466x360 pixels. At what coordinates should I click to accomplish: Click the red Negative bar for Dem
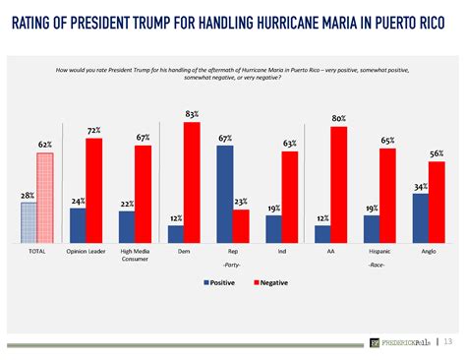(192, 182)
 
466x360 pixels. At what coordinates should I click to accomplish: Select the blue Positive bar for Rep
(225, 193)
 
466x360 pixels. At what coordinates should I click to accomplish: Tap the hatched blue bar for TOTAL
(29, 221)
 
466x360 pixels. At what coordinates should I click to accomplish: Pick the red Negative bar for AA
(339, 184)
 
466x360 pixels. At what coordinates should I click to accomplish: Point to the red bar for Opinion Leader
(94, 190)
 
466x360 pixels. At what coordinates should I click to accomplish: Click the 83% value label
(192, 114)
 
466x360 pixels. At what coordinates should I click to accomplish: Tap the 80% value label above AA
(339, 119)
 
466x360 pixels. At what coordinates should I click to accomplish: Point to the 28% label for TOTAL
(28, 196)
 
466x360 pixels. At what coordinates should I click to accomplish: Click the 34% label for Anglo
(421, 186)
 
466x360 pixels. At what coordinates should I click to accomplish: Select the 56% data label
(437, 154)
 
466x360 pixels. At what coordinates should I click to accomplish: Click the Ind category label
(281, 251)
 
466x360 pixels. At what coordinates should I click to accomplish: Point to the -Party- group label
(232, 266)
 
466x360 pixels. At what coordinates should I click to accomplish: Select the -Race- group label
(376, 266)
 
